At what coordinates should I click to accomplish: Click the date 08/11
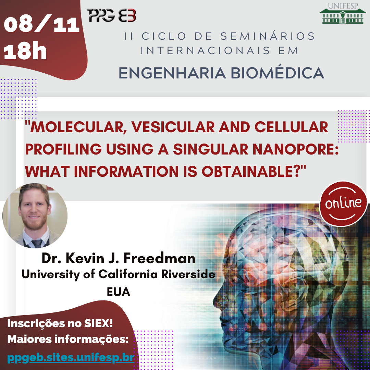tap(41, 24)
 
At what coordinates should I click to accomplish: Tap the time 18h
tap(25, 52)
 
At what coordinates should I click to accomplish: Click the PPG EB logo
tap(112, 15)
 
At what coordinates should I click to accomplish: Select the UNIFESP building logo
tap(343, 13)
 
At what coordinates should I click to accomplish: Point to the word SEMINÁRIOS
tap(268, 36)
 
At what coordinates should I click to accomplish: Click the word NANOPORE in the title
tap(295, 149)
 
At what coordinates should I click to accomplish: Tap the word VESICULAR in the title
tap(173, 127)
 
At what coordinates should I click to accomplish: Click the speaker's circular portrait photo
tap(35, 216)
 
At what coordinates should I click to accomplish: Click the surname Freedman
tap(160, 258)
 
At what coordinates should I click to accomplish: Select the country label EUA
tap(119, 292)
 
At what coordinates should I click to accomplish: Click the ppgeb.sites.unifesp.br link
tap(71, 358)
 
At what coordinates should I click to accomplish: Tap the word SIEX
tap(98, 323)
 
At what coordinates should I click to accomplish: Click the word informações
tap(91, 339)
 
